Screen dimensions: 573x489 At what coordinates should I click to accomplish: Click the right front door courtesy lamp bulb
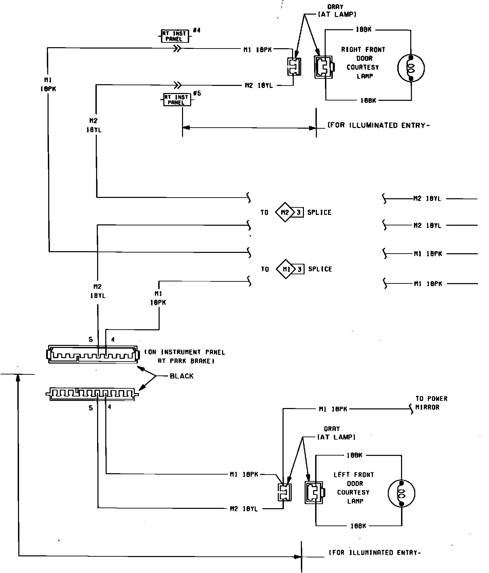pos(411,68)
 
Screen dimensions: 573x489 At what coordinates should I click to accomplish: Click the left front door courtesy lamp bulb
pos(401,493)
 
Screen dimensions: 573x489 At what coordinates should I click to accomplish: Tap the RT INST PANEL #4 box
pos(174,36)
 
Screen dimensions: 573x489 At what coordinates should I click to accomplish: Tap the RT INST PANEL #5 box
pos(177,100)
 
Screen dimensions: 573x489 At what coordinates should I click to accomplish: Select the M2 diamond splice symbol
pos(285,212)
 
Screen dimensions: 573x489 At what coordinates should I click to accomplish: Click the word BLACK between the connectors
pos(181,376)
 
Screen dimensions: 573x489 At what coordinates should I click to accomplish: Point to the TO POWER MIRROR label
pos(431,403)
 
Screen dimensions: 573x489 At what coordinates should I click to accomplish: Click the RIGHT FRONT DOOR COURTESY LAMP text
pos(363,63)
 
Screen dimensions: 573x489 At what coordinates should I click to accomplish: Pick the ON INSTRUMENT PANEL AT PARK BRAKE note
pos(185,357)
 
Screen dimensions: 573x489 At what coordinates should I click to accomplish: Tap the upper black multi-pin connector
pos(92,355)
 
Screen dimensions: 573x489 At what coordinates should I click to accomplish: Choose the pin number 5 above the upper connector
pos(91,339)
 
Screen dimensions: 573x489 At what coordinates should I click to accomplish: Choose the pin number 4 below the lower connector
pos(109,407)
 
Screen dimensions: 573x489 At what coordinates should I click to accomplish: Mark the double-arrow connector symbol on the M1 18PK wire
pos(177,49)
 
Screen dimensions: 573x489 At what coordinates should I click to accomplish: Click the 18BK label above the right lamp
pos(363,30)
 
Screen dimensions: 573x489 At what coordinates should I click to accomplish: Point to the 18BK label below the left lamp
pos(358,526)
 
